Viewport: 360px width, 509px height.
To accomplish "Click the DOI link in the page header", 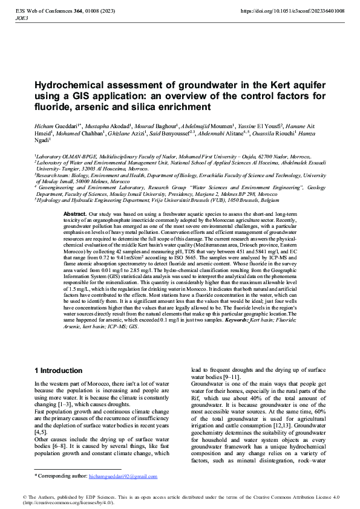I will tap(293, 11).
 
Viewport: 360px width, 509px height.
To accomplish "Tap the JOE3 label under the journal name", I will tap(20, 19).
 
